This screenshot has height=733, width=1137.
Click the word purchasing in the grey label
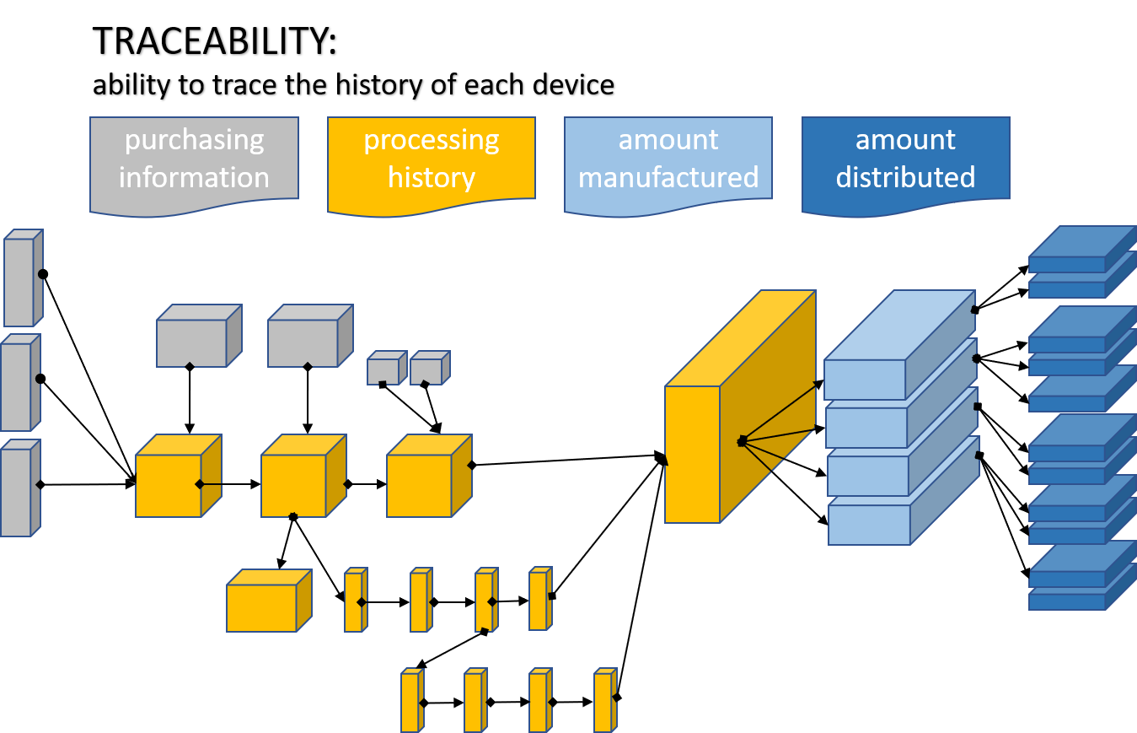(194, 140)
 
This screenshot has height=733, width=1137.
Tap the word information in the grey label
(194, 177)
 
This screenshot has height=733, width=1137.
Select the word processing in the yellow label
(431, 140)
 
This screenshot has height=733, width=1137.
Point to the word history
(431, 177)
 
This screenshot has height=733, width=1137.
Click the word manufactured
(668, 177)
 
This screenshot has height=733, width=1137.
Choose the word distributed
(905, 177)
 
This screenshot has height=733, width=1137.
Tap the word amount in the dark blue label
(905, 140)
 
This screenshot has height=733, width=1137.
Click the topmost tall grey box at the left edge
(19, 282)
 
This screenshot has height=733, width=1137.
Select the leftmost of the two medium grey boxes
(192, 342)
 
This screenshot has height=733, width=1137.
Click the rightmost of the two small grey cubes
(426, 371)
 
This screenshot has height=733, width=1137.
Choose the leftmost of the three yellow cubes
(169, 485)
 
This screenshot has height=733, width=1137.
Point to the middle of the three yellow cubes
(294, 485)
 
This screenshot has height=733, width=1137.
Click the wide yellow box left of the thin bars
(261, 607)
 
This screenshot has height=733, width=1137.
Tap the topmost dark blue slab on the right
(1067, 264)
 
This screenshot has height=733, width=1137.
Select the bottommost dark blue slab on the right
(1067, 601)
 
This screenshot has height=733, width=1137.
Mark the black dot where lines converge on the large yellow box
(742, 441)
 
